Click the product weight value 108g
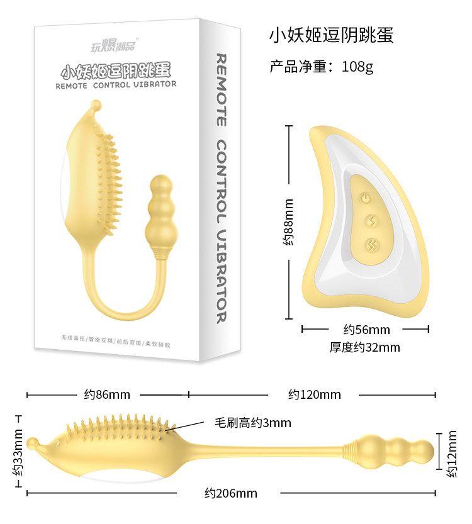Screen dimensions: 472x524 point(357,67)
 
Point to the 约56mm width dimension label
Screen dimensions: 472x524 point(366,330)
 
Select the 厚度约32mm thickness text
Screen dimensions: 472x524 point(364,347)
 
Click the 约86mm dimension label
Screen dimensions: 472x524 point(107,394)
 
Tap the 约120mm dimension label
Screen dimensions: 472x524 point(315,394)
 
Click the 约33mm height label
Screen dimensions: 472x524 point(17,453)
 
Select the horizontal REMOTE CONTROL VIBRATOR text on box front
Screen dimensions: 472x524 point(116,84)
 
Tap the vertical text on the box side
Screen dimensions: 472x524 point(221,189)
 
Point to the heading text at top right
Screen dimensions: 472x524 point(331,35)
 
